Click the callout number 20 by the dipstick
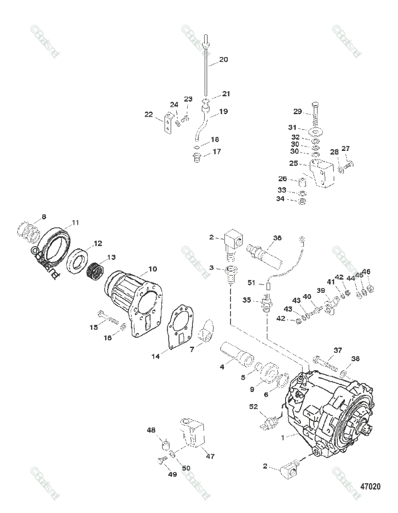click(x=224, y=60)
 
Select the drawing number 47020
click(x=370, y=486)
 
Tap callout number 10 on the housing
click(x=152, y=269)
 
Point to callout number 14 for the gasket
click(x=157, y=355)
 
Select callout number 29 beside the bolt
click(x=298, y=112)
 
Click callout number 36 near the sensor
click(x=277, y=239)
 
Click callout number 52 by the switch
click(x=254, y=407)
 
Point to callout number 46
click(x=367, y=271)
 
